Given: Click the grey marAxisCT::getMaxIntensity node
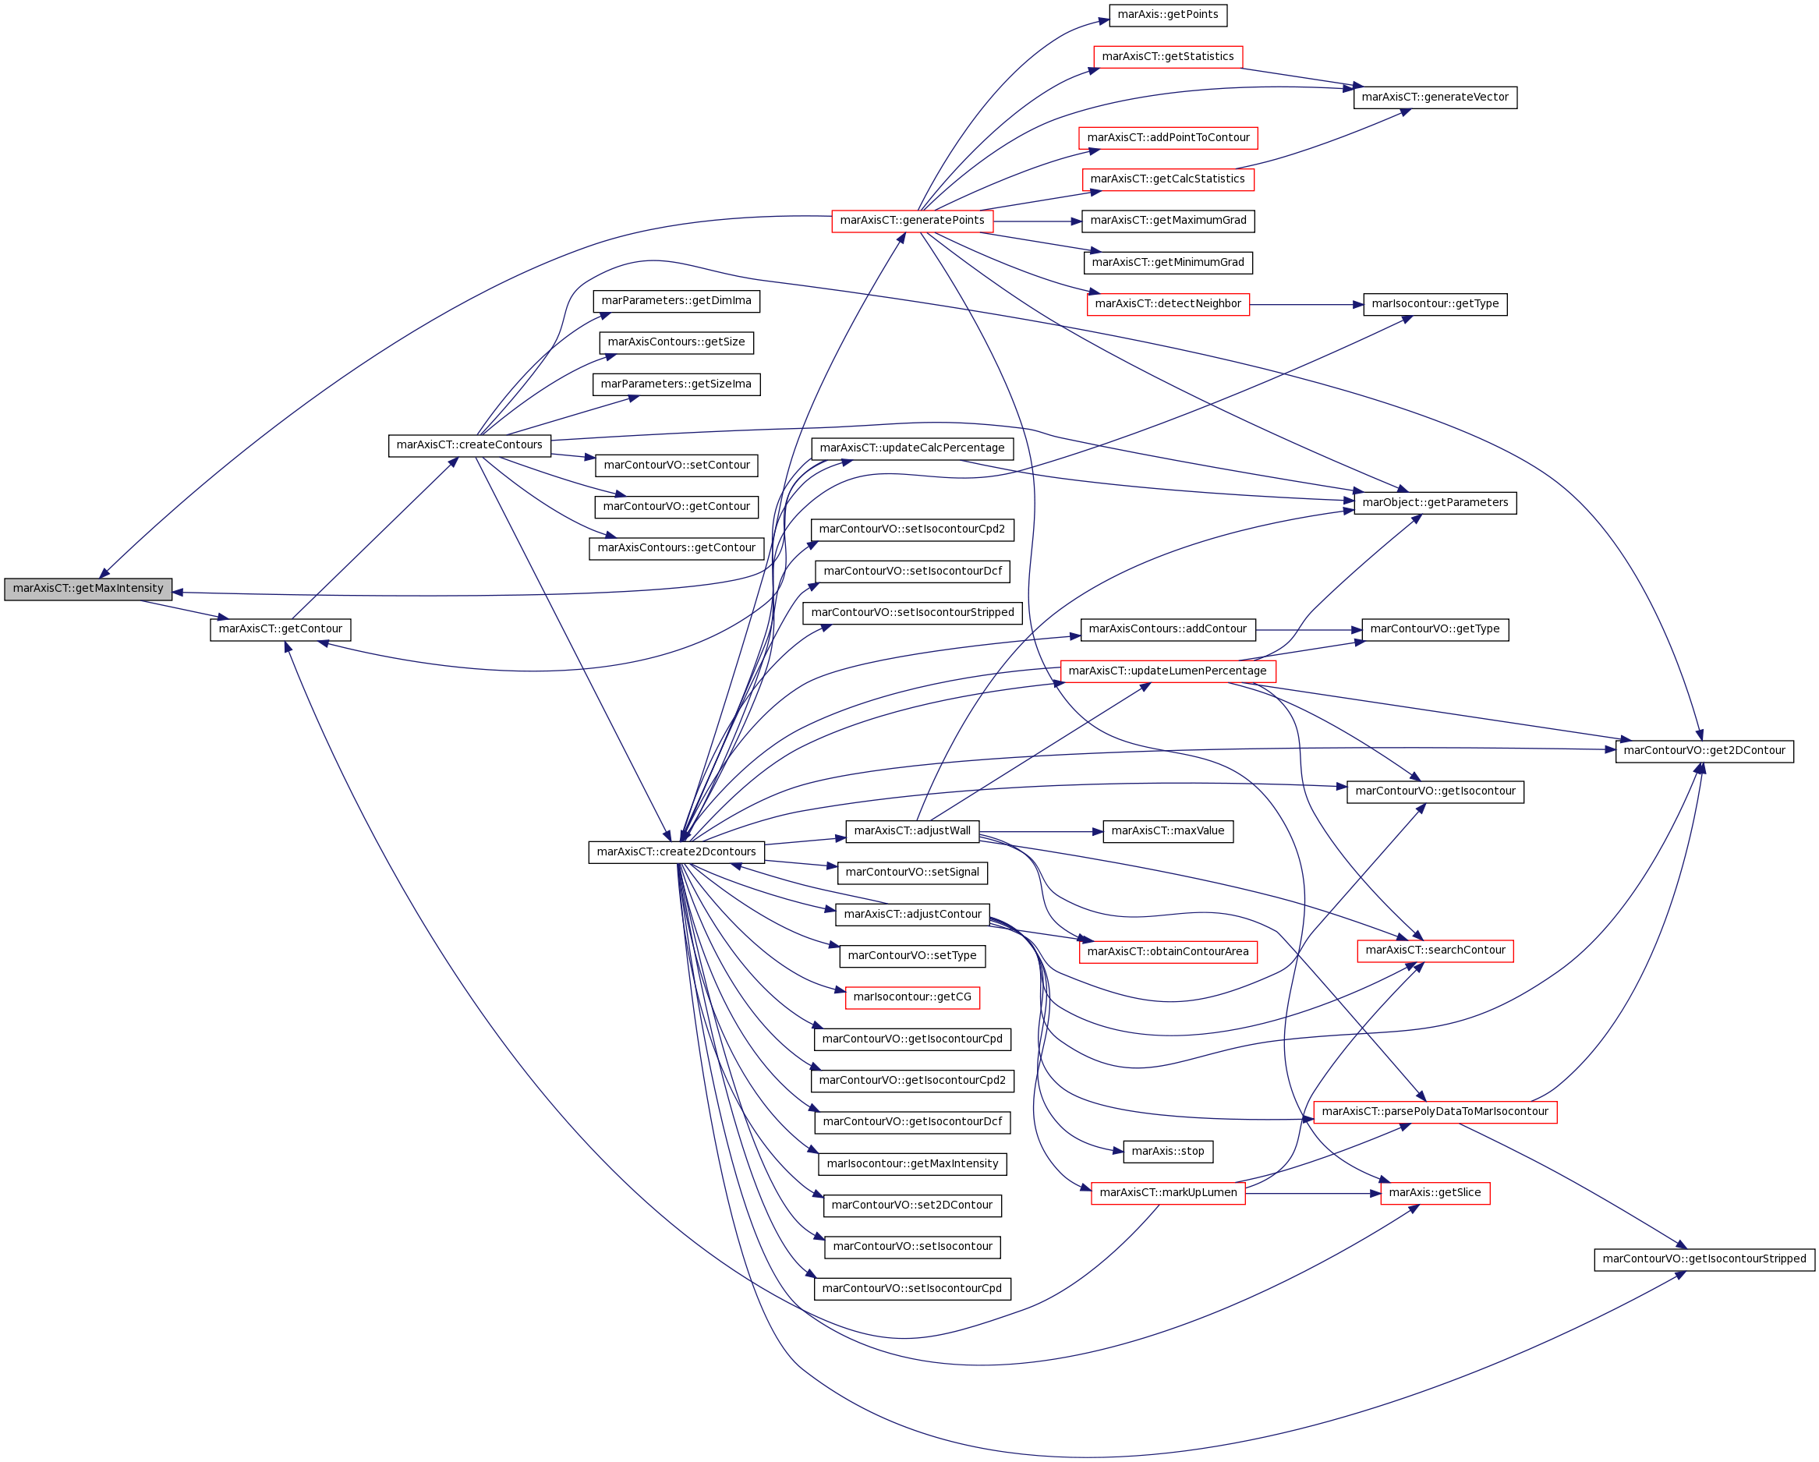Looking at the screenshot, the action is click(x=88, y=589).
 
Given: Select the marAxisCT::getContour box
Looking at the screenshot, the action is click(x=280, y=629).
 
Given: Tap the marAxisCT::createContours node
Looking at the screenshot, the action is click(x=469, y=445).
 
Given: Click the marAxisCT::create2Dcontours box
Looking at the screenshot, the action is click(x=677, y=852).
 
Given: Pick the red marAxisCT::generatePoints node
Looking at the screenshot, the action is click(x=912, y=221).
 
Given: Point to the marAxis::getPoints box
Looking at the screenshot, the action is click(x=1168, y=15).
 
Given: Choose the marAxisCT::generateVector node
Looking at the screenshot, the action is click(x=1435, y=98).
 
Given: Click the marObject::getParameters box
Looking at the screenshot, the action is click(x=1435, y=503).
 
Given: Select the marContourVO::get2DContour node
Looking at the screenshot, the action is click(x=1704, y=751).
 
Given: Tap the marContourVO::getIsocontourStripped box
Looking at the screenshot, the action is click(x=1704, y=1259).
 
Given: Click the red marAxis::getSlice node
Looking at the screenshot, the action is click(x=1435, y=1193).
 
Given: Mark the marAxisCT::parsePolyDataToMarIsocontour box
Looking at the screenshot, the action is click(x=1435, y=1112).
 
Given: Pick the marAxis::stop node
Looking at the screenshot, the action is click(x=1168, y=1152).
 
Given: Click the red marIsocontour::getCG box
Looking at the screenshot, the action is click(x=912, y=997).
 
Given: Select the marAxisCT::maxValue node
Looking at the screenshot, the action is click(x=1168, y=831).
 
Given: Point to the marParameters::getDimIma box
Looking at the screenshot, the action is click(x=677, y=301).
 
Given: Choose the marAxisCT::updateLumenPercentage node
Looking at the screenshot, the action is click(x=1168, y=671).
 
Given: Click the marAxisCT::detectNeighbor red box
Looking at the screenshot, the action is click(x=1168, y=305).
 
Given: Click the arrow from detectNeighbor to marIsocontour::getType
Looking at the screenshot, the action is click(x=1307, y=305).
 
